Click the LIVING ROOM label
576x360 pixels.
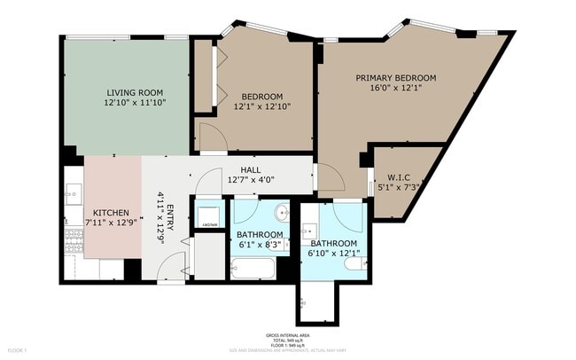[134, 92]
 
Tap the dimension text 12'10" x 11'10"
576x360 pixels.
[134, 103]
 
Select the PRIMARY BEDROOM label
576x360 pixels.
[396, 78]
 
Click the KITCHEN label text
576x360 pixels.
[112, 213]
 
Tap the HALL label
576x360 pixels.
[251, 170]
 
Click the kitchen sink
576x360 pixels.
[74, 193]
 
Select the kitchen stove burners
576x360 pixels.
[74, 238]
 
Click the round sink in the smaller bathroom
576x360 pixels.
[282, 213]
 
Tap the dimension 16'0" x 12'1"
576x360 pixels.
[396, 89]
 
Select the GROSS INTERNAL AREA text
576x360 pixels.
[287, 335]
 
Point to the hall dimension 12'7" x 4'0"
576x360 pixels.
[251, 180]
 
